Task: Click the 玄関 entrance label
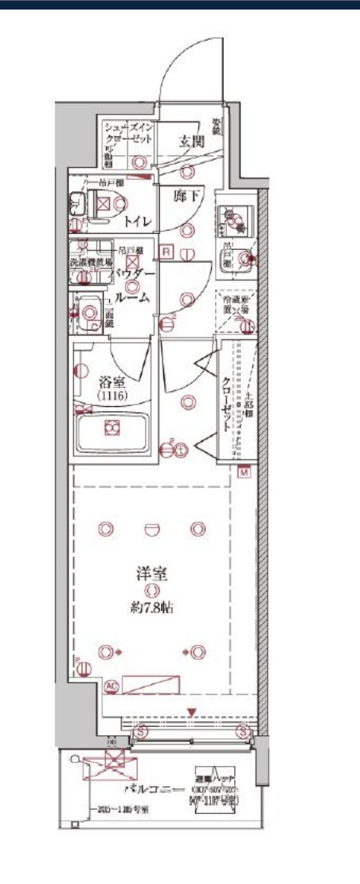point(191,142)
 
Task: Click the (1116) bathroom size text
point(112,395)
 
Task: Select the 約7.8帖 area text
point(151,608)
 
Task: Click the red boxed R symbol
point(166,252)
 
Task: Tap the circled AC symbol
point(111,685)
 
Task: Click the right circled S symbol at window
point(245,730)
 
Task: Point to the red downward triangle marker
point(191,711)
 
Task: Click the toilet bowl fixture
point(104,205)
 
